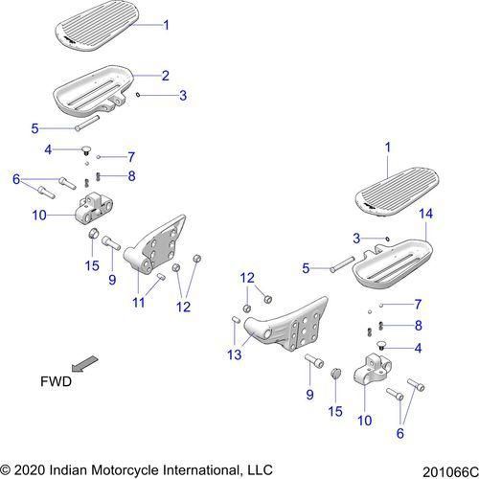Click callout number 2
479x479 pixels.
[x=165, y=75]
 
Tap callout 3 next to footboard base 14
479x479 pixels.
[x=355, y=238]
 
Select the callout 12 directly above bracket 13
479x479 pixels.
[x=248, y=278]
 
